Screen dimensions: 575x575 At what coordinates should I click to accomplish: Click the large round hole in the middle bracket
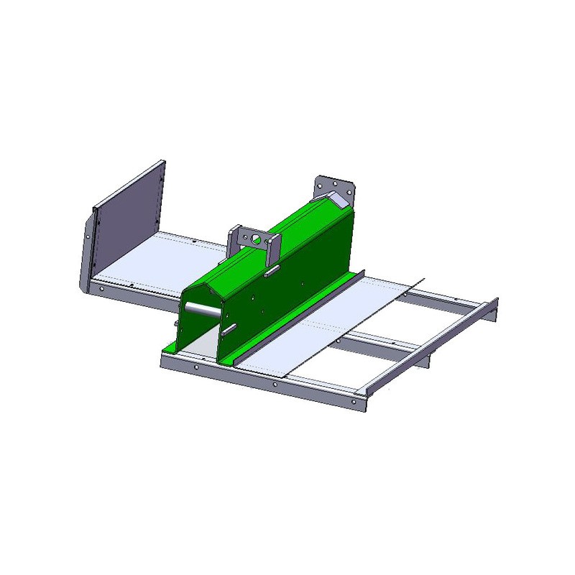(x=254, y=237)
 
